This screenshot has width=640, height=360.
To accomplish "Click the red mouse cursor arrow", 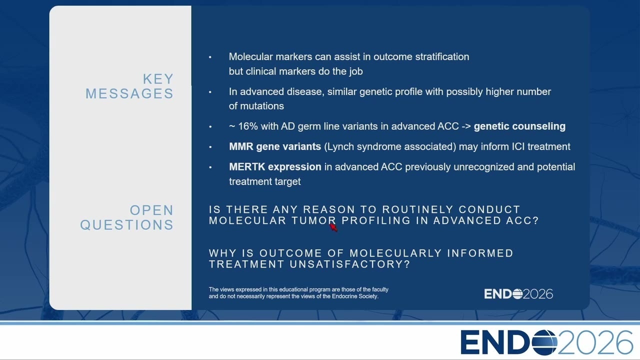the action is point(333,227).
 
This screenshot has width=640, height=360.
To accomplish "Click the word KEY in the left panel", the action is point(158,79).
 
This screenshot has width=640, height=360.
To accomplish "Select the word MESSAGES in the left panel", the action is point(129,93).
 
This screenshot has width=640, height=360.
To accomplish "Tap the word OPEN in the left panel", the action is point(151,210).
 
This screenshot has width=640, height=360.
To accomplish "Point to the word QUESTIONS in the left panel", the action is point(127,225).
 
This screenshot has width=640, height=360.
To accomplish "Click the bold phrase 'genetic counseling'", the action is point(519,126).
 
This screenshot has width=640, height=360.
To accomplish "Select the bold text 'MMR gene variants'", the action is point(275,146).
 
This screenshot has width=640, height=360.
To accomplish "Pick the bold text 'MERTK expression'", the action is point(275,167).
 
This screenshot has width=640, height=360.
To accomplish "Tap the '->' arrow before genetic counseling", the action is point(466,126).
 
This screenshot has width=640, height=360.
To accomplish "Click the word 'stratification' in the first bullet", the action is point(442,56).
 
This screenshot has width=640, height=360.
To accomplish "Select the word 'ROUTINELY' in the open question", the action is point(418,209).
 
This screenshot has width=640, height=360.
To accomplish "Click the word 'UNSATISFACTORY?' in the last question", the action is point(350,264).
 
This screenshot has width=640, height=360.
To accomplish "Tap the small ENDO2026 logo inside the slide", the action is point(518,294).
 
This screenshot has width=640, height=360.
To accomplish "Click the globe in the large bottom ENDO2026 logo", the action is point(544,342).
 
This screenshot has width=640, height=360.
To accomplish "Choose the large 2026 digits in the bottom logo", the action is point(595,342).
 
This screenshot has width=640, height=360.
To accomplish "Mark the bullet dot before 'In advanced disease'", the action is point(210,92).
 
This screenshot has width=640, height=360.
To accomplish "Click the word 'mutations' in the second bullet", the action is point(262,106).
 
